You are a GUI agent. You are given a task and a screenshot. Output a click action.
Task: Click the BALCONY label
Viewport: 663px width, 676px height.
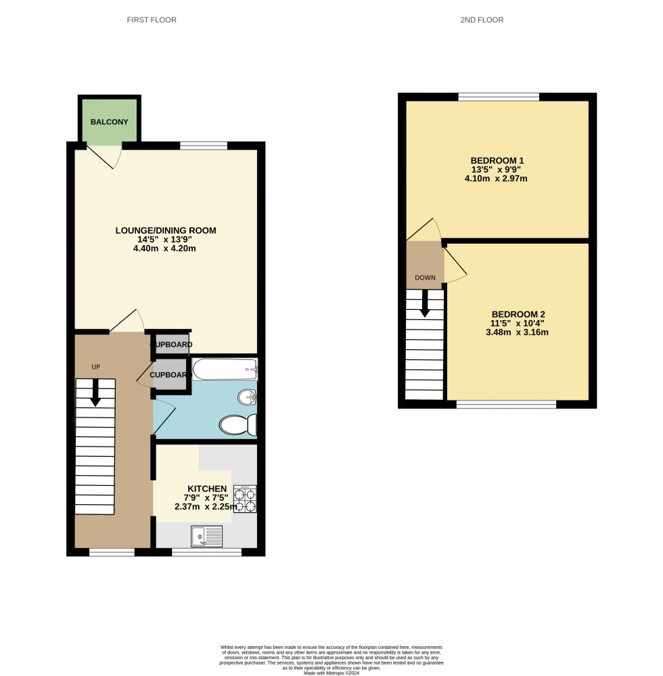pos(110,122)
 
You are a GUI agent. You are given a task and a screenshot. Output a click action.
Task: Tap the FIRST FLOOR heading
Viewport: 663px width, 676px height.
pos(152,20)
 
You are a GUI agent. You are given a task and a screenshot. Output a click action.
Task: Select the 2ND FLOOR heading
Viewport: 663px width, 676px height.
pos(482,20)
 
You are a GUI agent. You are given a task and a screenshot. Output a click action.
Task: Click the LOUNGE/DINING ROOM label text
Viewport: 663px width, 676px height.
pos(166,231)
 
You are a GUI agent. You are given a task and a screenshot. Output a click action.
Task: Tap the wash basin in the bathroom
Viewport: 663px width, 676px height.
pos(247,397)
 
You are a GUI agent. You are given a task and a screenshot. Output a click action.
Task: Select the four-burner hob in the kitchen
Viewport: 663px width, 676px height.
pos(244,499)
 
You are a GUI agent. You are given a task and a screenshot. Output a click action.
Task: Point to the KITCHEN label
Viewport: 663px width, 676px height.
pos(207,488)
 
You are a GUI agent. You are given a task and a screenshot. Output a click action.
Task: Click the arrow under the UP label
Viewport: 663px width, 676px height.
pos(95,392)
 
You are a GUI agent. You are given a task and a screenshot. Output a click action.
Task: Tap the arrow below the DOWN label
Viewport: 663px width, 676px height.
pos(425,302)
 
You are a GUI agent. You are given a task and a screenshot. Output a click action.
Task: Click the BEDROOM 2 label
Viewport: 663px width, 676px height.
pos(518,314)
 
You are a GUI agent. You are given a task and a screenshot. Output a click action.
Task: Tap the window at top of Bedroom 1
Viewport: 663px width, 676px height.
pos(499,97)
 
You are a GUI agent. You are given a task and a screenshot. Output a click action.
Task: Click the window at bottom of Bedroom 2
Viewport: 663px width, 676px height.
pos(506,405)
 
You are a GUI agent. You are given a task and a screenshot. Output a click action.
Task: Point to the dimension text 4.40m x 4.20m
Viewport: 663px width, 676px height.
pos(166,248)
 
